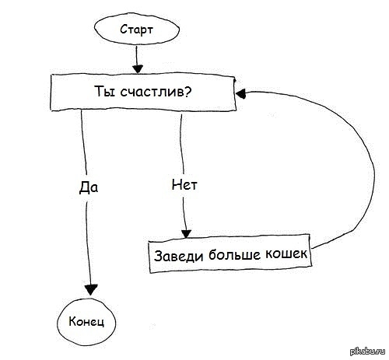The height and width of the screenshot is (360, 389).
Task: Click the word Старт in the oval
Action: (137, 30)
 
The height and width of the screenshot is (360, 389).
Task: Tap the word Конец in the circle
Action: (86, 322)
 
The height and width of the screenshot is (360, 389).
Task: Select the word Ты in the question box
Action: (105, 91)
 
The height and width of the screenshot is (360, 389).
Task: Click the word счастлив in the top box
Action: (152, 92)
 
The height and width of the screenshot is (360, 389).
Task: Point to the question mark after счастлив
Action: (187, 91)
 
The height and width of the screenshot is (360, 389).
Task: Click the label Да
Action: (89, 187)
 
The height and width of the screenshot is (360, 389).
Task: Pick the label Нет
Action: (184, 185)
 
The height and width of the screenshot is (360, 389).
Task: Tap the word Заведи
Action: (178, 256)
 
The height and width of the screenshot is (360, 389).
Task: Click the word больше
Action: (234, 254)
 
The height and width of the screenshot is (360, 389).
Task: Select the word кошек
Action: (286, 253)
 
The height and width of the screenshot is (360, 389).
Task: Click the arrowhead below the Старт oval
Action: (138, 69)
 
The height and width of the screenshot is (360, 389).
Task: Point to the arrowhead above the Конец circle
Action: (91, 290)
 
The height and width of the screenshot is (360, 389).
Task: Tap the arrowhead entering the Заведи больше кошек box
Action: (186, 234)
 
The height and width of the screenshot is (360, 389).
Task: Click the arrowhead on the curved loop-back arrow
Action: (240, 93)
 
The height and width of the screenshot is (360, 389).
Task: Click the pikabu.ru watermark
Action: (368, 351)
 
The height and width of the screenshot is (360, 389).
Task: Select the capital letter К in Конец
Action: (72, 322)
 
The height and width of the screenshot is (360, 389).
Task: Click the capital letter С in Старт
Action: (124, 30)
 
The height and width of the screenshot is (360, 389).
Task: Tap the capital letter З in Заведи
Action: (158, 256)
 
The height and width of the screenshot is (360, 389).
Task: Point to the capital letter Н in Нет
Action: (176, 184)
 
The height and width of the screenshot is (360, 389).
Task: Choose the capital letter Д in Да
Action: (84, 187)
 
